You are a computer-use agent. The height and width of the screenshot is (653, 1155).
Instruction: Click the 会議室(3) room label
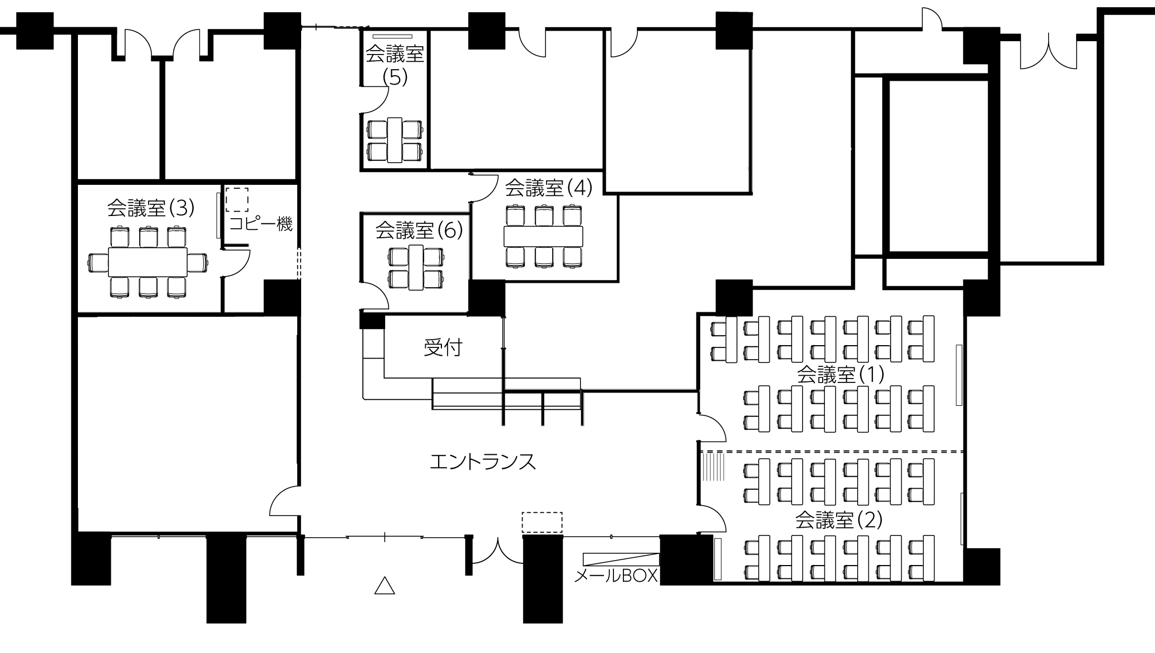[x=151, y=208]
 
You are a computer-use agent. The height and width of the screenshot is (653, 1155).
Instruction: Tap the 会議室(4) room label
[x=548, y=188]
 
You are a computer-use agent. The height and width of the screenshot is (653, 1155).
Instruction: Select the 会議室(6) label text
[x=419, y=229]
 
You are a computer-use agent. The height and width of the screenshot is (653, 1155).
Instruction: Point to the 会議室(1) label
[x=841, y=375]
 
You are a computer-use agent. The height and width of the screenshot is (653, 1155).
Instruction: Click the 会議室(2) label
[x=839, y=521]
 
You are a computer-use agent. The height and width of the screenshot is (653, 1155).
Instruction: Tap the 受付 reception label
[x=443, y=348]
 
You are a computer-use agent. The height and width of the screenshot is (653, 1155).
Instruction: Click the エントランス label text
[x=483, y=462]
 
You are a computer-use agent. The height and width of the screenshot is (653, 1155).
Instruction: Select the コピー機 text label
[x=261, y=224]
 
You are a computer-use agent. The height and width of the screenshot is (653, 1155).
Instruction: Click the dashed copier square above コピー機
[x=237, y=199]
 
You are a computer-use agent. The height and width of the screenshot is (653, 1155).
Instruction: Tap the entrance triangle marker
[x=385, y=586]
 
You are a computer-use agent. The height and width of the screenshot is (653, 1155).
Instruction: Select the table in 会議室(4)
[x=543, y=236]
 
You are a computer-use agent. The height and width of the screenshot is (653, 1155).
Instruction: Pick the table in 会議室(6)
[x=416, y=267]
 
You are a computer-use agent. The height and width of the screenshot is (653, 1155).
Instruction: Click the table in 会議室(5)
[x=395, y=140]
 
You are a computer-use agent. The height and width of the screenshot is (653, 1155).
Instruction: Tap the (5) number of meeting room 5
[x=395, y=77]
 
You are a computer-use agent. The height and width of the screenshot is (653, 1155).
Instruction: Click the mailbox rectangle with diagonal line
[x=621, y=559]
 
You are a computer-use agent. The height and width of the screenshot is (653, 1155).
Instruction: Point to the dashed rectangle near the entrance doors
[x=542, y=523]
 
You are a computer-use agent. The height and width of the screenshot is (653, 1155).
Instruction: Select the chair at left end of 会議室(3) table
[x=98, y=262]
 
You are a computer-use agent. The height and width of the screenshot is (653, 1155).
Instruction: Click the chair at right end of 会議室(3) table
[x=198, y=262]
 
